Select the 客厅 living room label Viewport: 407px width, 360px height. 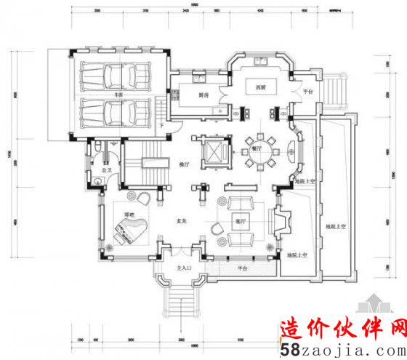coord(238,220)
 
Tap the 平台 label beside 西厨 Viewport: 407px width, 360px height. coord(307,92)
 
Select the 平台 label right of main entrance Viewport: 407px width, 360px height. coord(242,269)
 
